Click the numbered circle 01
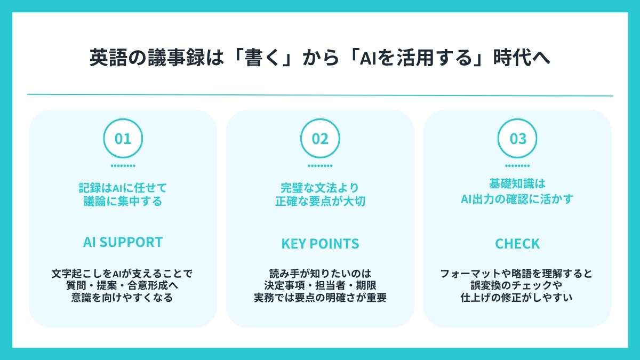[123, 119]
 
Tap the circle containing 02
[321, 119]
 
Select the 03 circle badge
[517, 119]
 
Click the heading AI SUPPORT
[123, 242]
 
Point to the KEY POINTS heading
[321, 244]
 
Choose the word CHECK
[517, 244]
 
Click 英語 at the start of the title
[108, 58]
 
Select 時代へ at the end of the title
[522, 58]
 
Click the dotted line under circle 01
[123, 166]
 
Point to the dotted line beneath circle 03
[517, 166]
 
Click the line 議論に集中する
[123, 201]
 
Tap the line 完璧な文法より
[320, 188]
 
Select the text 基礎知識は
[517, 183]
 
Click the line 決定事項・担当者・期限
[321, 285]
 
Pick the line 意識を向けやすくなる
[122, 298]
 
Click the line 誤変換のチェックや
[517, 285]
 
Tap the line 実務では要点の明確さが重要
[321, 298]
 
